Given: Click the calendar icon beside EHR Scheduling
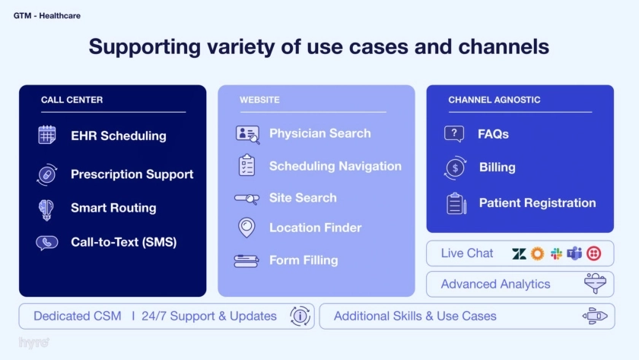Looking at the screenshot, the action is coord(47,135).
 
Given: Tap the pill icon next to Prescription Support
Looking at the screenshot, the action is coord(47,175).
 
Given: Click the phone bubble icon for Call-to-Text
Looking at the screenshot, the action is coord(47,243).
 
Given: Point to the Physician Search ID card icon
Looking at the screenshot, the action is coord(247,134).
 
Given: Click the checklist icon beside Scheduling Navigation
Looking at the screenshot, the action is coord(246,165).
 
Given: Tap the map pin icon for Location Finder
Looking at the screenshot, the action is coord(246,228).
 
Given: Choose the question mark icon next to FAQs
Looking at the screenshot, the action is coord(454,134).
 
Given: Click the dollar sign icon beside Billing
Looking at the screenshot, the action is coord(455,167).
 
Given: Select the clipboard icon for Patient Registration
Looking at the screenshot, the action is coord(456,203).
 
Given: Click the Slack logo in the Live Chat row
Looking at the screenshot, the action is coord(556,253).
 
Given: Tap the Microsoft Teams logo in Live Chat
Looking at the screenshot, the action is coord(574,253).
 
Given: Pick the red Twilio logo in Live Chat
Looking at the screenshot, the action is coord(594,253).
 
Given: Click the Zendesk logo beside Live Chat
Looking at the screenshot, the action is coord(519,253).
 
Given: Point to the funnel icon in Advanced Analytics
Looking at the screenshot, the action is coord(595,283).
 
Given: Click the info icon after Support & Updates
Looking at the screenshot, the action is coord(300,316).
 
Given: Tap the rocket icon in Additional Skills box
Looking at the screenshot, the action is coord(595,316).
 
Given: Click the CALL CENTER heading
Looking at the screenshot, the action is coord(72,100).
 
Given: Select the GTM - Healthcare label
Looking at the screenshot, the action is coord(47,16).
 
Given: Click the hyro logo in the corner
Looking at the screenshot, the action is coord(34,343).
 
